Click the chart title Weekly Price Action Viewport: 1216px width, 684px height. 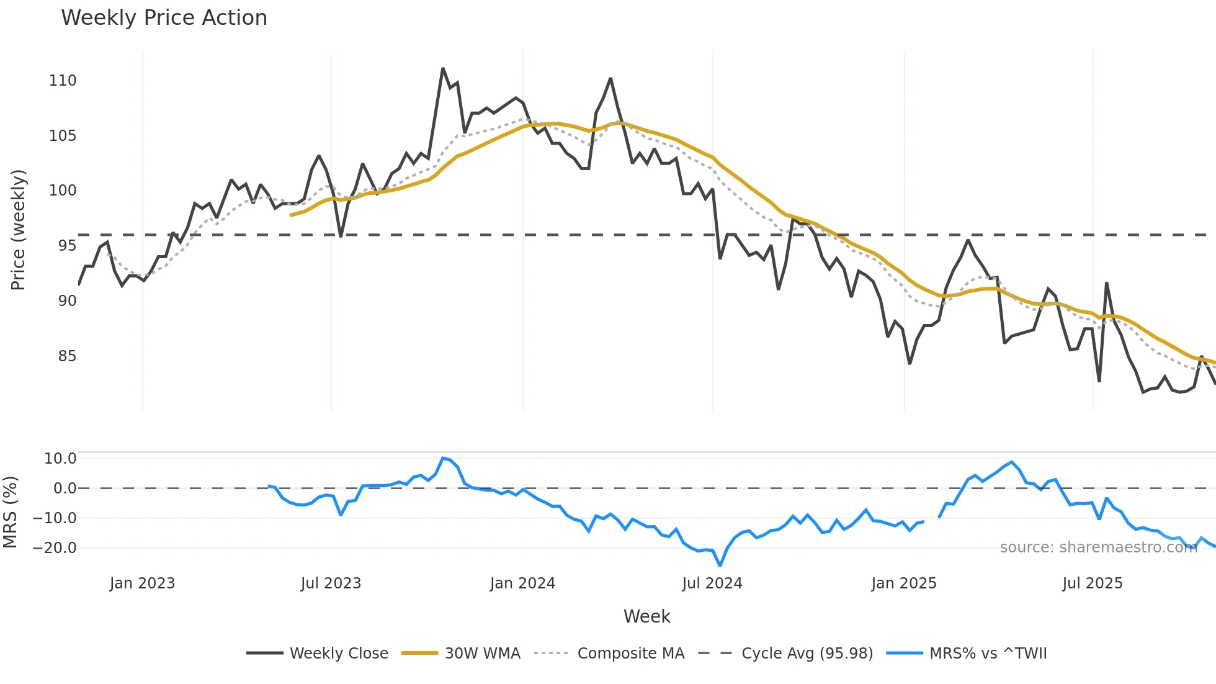point(164,18)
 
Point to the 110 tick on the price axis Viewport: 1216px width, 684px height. point(63,81)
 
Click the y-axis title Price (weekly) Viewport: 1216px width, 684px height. point(18,230)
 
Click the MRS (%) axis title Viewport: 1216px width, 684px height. point(10,512)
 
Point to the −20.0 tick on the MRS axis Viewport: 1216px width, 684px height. point(55,548)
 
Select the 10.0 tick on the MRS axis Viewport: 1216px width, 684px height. point(60,459)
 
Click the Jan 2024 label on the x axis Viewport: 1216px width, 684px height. point(522,583)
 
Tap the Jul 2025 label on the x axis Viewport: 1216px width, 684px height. point(1092,583)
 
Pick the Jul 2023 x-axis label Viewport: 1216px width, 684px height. point(331,583)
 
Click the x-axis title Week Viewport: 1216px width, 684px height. point(646,616)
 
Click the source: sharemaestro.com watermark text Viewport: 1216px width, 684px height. point(1098,547)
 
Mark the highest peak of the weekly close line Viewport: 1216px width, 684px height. point(443,68)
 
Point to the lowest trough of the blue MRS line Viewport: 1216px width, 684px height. point(720,565)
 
